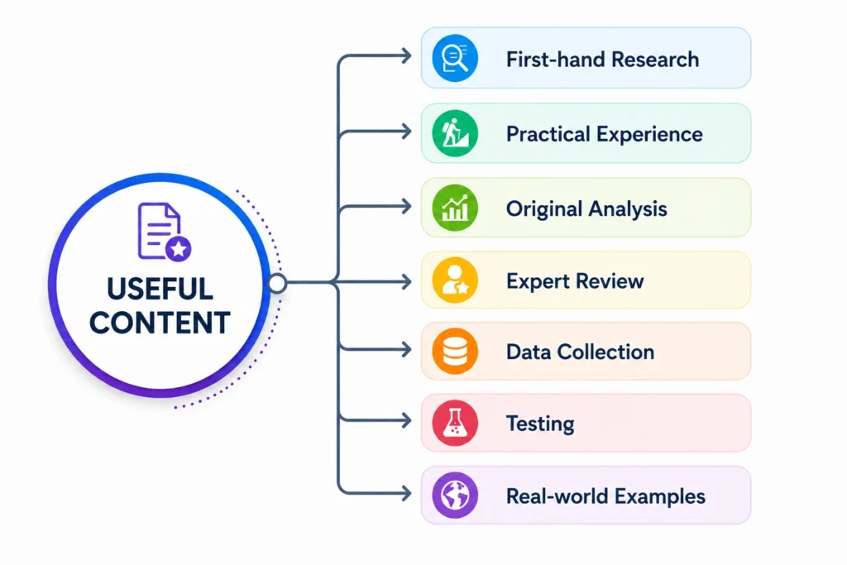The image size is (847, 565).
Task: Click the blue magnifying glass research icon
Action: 455,59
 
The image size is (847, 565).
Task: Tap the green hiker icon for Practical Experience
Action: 455,133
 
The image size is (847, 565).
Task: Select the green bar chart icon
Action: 455,208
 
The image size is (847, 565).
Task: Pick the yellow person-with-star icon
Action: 455,280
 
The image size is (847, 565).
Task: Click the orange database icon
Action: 455,352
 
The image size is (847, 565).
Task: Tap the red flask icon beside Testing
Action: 455,423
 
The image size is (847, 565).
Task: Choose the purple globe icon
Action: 455,496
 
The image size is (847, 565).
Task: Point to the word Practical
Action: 548,134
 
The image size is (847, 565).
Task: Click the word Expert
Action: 538,281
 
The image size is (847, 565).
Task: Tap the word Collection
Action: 605,352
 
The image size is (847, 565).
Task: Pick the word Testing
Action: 539,424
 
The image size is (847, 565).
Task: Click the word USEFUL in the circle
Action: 160,289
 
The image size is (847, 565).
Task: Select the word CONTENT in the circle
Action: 160,323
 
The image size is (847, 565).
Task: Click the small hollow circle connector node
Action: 277,283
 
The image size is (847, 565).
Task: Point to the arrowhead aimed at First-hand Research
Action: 406,55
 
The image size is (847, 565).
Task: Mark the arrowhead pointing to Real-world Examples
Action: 406,493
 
